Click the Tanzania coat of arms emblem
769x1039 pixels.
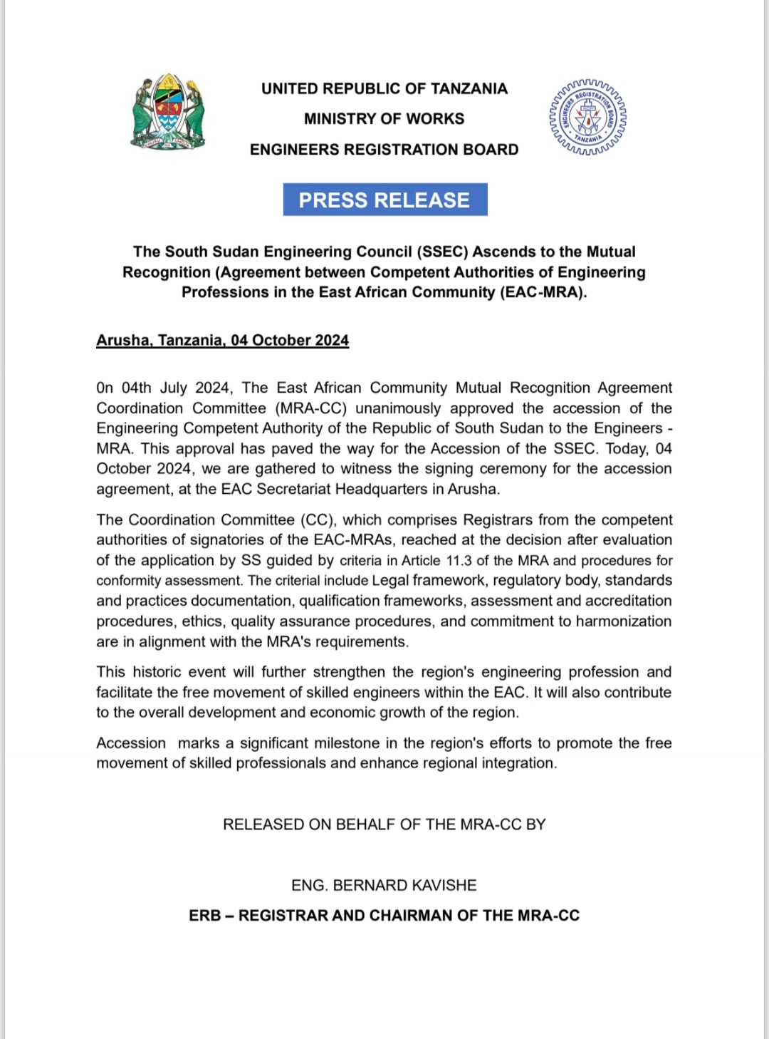168,112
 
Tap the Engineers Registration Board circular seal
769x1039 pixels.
588,117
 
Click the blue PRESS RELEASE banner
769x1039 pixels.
384,200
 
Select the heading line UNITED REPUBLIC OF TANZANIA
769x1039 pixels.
384,88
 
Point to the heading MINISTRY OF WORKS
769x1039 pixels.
384,119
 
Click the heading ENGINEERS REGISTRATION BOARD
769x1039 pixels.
384,150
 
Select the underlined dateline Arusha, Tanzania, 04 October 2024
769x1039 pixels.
222,341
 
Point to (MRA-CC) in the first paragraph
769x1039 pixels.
311,408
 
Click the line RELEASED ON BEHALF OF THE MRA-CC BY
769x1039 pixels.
384,825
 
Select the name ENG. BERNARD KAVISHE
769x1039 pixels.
384,885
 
